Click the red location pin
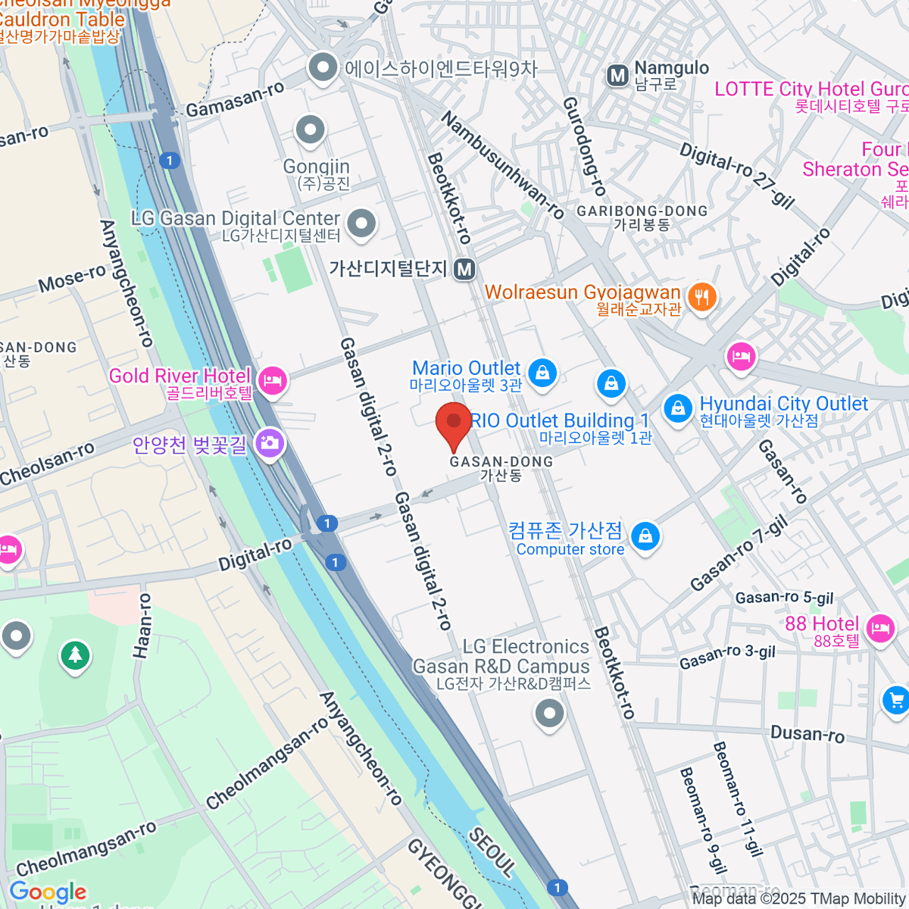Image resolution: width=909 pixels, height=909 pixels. tap(454, 424)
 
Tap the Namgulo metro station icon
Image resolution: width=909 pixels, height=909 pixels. tap(618, 75)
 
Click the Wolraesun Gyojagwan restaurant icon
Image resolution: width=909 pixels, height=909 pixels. tap(702, 296)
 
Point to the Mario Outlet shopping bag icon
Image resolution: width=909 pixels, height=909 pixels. tap(542, 372)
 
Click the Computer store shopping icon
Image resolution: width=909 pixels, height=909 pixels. tap(645, 536)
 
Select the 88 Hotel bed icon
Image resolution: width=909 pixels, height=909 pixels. tap(879, 627)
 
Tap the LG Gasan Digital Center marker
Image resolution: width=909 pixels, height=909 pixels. tap(361, 223)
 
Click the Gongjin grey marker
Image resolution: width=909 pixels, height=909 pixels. tap(310, 130)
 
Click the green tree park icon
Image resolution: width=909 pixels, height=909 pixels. tap(75, 654)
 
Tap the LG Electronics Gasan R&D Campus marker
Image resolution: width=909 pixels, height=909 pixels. tap(549, 713)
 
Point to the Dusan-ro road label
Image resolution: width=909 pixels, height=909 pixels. tap(807, 733)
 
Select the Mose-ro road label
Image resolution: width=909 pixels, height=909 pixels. tap(72, 279)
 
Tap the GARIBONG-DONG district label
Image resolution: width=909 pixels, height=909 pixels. tap(642, 211)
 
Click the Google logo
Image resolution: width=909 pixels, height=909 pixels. tap(48, 892)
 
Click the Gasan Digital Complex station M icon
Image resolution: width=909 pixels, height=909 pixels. tap(464, 269)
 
